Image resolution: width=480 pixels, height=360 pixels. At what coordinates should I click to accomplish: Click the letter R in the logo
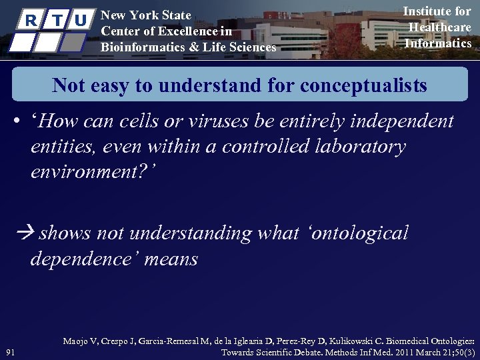click(x=30, y=21)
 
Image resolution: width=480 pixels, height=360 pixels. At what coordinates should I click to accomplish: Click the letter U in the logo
click(x=81, y=21)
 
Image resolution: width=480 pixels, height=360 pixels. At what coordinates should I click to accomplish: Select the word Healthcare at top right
click(x=439, y=27)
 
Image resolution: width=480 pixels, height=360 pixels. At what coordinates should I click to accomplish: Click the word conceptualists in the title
click(x=363, y=85)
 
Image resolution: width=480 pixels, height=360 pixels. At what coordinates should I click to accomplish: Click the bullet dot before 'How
click(x=15, y=123)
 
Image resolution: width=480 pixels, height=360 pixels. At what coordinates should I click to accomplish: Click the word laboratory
click(x=354, y=146)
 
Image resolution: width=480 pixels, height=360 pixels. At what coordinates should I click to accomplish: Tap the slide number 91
click(x=10, y=352)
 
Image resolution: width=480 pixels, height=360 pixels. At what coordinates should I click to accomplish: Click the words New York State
click(x=145, y=15)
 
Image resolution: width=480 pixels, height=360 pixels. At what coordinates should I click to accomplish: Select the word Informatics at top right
click(x=438, y=43)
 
